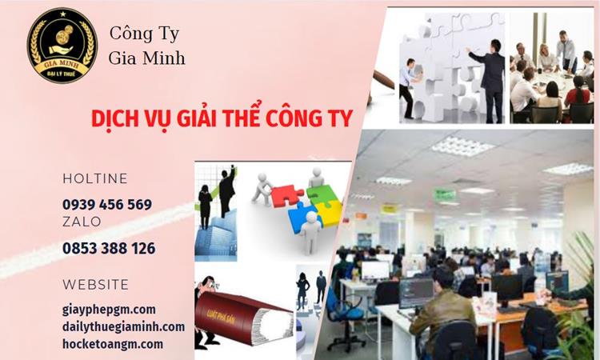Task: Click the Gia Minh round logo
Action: (x=62, y=46)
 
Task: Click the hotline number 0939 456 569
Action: (x=107, y=204)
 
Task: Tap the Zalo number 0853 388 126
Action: (x=109, y=248)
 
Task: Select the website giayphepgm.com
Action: (x=109, y=309)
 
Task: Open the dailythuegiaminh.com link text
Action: (x=123, y=326)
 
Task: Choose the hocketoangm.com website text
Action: (x=113, y=344)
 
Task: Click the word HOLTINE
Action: (x=95, y=178)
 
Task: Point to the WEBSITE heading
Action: (x=95, y=285)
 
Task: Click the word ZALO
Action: (x=82, y=222)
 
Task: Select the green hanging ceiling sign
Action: (x=445, y=194)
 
